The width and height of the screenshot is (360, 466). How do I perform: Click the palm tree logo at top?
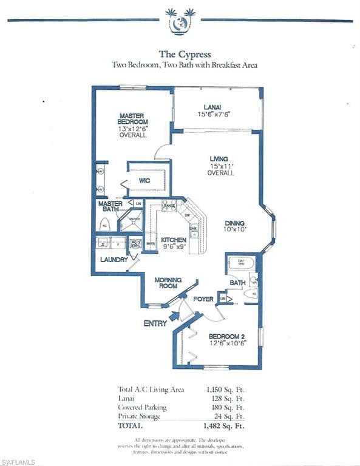[180, 21]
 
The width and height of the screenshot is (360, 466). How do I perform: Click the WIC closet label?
[144, 181]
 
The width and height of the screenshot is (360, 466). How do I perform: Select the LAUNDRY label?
[114, 260]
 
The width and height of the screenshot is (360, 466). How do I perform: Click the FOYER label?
[203, 299]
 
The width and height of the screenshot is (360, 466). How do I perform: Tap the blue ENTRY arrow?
[175, 316]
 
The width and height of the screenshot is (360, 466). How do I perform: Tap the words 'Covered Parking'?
[142, 408]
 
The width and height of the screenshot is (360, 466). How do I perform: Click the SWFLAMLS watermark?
[18, 462]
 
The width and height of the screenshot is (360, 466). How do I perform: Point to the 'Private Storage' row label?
[140, 417]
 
